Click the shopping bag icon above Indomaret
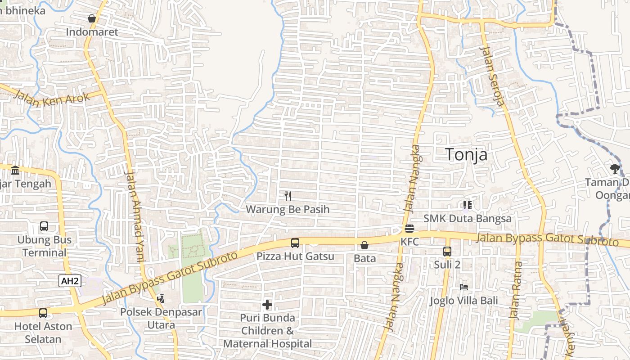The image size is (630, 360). (x=92, y=18)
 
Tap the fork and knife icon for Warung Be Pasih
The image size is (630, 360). (x=288, y=196)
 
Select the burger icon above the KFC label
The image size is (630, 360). (x=409, y=229)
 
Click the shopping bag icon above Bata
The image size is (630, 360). (x=364, y=245)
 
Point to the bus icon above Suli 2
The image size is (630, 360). (x=447, y=251)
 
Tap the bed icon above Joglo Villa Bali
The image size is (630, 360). (x=463, y=287)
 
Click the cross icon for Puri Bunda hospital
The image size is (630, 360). (x=267, y=305)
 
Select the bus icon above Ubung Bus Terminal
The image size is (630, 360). (x=44, y=226)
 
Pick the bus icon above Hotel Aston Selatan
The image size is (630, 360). (x=43, y=313)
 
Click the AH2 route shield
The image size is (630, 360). (x=70, y=282)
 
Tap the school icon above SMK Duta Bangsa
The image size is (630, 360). (x=467, y=206)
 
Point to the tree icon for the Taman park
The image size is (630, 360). (x=615, y=169)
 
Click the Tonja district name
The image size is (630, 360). (x=466, y=154)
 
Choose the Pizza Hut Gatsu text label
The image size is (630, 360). (x=295, y=256)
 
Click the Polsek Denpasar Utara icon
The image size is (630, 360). (x=161, y=298)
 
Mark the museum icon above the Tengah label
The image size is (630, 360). (x=15, y=170)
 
